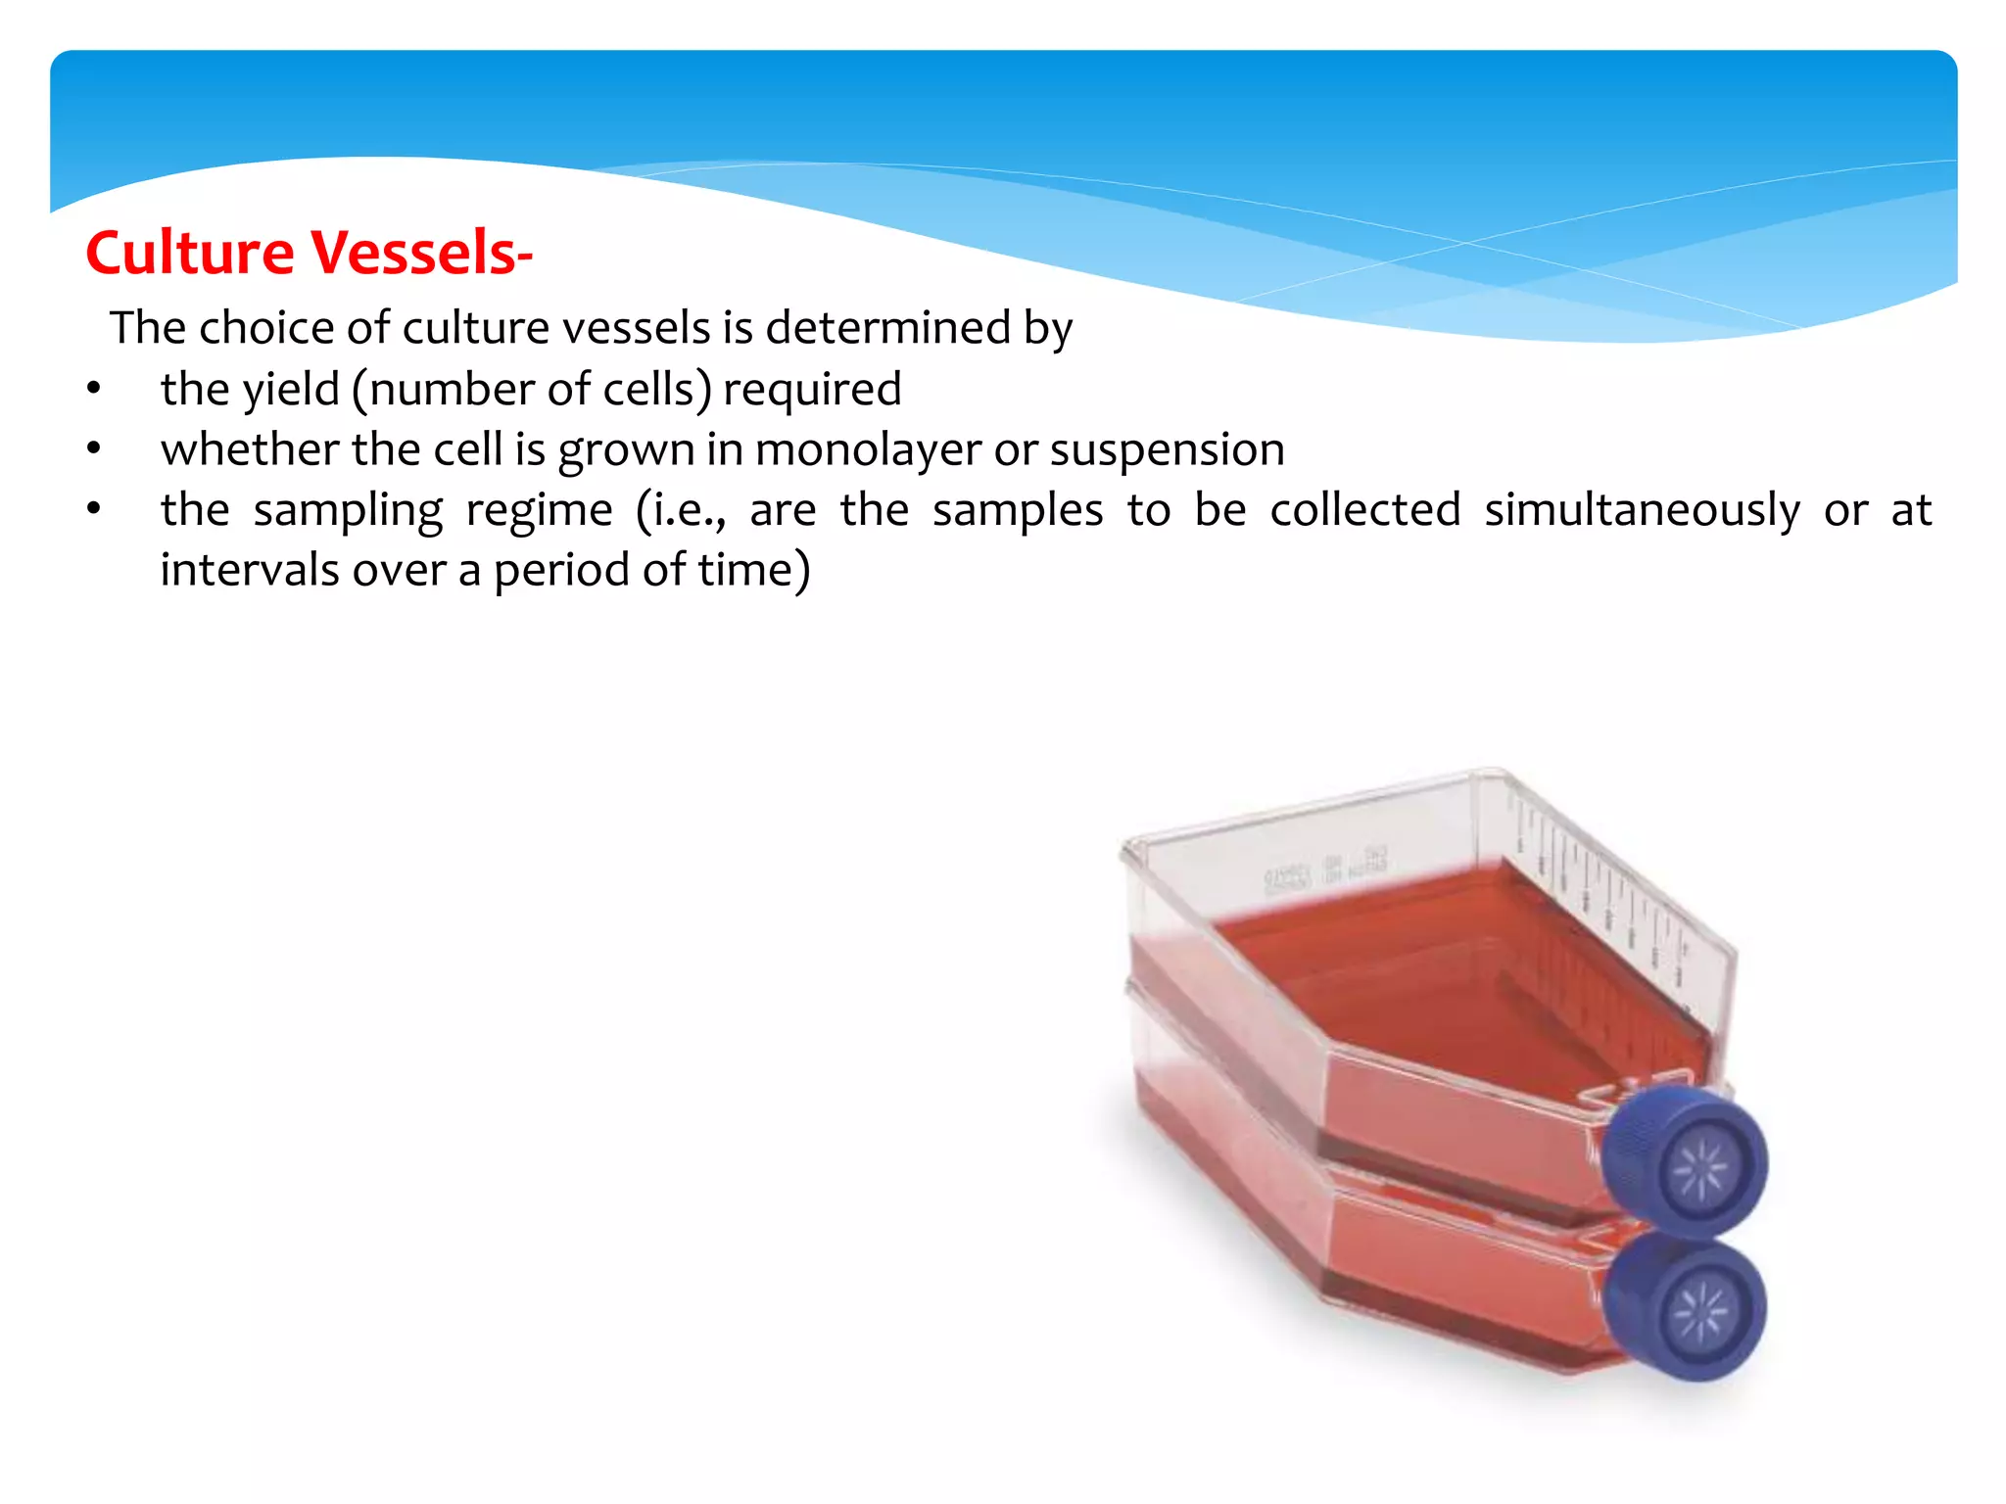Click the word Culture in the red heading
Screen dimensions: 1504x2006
(x=190, y=253)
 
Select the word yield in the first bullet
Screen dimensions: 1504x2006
(x=291, y=390)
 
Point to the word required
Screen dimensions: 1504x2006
(x=811, y=390)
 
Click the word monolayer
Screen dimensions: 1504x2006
(x=868, y=450)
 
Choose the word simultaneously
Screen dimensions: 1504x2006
(x=1642, y=511)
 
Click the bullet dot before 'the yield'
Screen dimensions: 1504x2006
(x=94, y=390)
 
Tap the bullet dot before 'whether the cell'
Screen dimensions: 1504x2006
(x=94, y=450)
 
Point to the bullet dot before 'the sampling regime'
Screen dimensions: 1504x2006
(x=94, y=510)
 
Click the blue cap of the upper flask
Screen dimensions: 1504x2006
(x=1688, y=1162)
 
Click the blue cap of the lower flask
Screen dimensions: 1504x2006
(x=1688, y=1307)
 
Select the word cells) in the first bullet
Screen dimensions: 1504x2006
(x=657, y=390)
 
